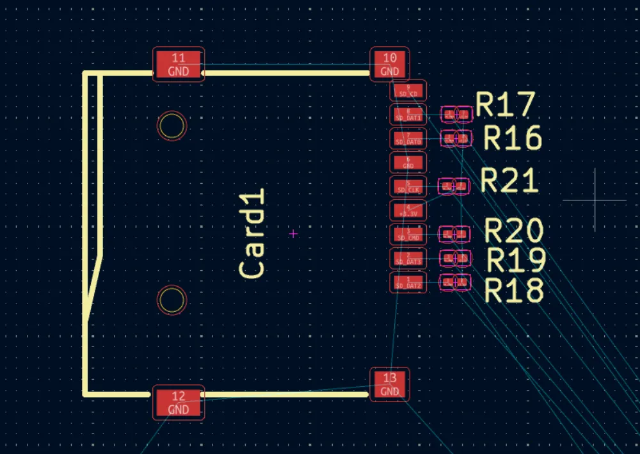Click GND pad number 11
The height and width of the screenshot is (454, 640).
pos(179,65)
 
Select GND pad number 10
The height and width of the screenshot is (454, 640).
pos(390,65)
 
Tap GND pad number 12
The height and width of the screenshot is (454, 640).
pos(179,402)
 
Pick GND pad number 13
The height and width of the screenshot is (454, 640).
pos(390,384)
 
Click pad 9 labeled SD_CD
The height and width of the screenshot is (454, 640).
pos(408,90)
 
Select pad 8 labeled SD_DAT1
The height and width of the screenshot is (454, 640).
pos(408,114)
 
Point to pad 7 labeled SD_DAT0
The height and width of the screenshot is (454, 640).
pos(408,138)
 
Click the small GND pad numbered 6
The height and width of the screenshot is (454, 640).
pos(408,162)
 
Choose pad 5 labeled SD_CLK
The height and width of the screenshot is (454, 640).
pos(408,186)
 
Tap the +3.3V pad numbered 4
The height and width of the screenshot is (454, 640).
pos(408,210)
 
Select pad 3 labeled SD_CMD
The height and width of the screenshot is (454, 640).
pos(408,234)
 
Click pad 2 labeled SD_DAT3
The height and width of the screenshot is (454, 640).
pos(408,258)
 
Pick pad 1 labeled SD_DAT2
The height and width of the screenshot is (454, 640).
pos(408,282)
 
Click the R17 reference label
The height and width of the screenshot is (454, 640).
pos(505,106)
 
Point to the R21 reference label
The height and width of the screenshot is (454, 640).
pos(509,181)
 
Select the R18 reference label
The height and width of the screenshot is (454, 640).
pos(514,290)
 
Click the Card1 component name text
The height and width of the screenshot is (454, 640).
pos(252,234)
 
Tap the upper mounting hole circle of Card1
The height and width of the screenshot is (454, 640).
pos(172,126)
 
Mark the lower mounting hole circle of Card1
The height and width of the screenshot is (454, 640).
pos(172,300)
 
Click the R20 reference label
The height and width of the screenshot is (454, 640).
pos(514,231)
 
